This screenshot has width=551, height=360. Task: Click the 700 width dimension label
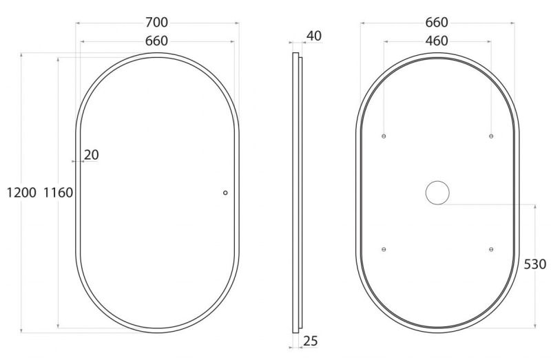(x=157, y=23)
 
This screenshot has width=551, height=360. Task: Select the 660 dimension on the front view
(x=157, y=41)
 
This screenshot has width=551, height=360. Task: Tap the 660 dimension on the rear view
(x=437, y=23)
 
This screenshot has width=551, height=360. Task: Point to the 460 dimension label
(x=437, y=41)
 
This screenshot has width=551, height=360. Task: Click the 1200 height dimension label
(x=21, y=193)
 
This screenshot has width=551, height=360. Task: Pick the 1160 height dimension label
(x=58, y=193)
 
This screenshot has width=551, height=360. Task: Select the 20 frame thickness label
(x=92, y=155)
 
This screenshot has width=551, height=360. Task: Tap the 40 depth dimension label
(x=314, y=36)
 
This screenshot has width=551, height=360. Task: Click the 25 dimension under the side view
(x=311, y=341)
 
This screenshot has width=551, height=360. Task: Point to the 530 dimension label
(x=535, y=264)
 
